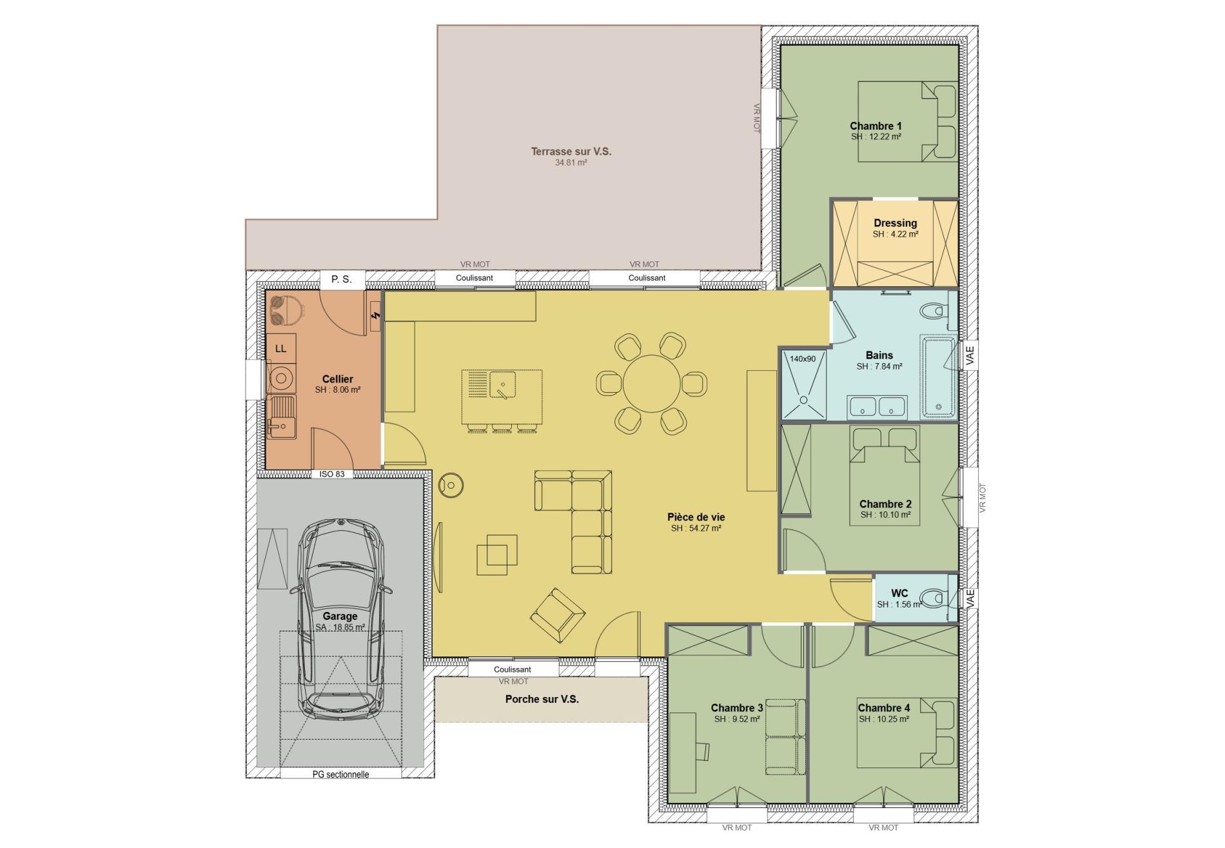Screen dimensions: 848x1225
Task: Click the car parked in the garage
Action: point(340,619)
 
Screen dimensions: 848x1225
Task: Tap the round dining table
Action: point(652,383)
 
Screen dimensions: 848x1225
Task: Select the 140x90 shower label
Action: point(803,359)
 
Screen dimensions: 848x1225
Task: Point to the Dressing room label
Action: point(895,223)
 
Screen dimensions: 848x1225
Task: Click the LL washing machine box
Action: point(280,348)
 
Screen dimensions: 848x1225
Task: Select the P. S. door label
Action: point(342,279)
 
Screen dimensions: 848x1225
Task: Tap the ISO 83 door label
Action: point(332,474)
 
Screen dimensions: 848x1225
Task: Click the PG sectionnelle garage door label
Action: point(340,774)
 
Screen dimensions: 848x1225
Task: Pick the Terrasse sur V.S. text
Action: point(571,152)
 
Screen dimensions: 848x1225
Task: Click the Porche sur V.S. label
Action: point(542,699)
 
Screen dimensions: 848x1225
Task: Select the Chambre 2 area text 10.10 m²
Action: point(885,515)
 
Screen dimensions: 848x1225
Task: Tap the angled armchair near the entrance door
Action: point(558,615)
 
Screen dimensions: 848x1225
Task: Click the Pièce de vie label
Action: point(696,517)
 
